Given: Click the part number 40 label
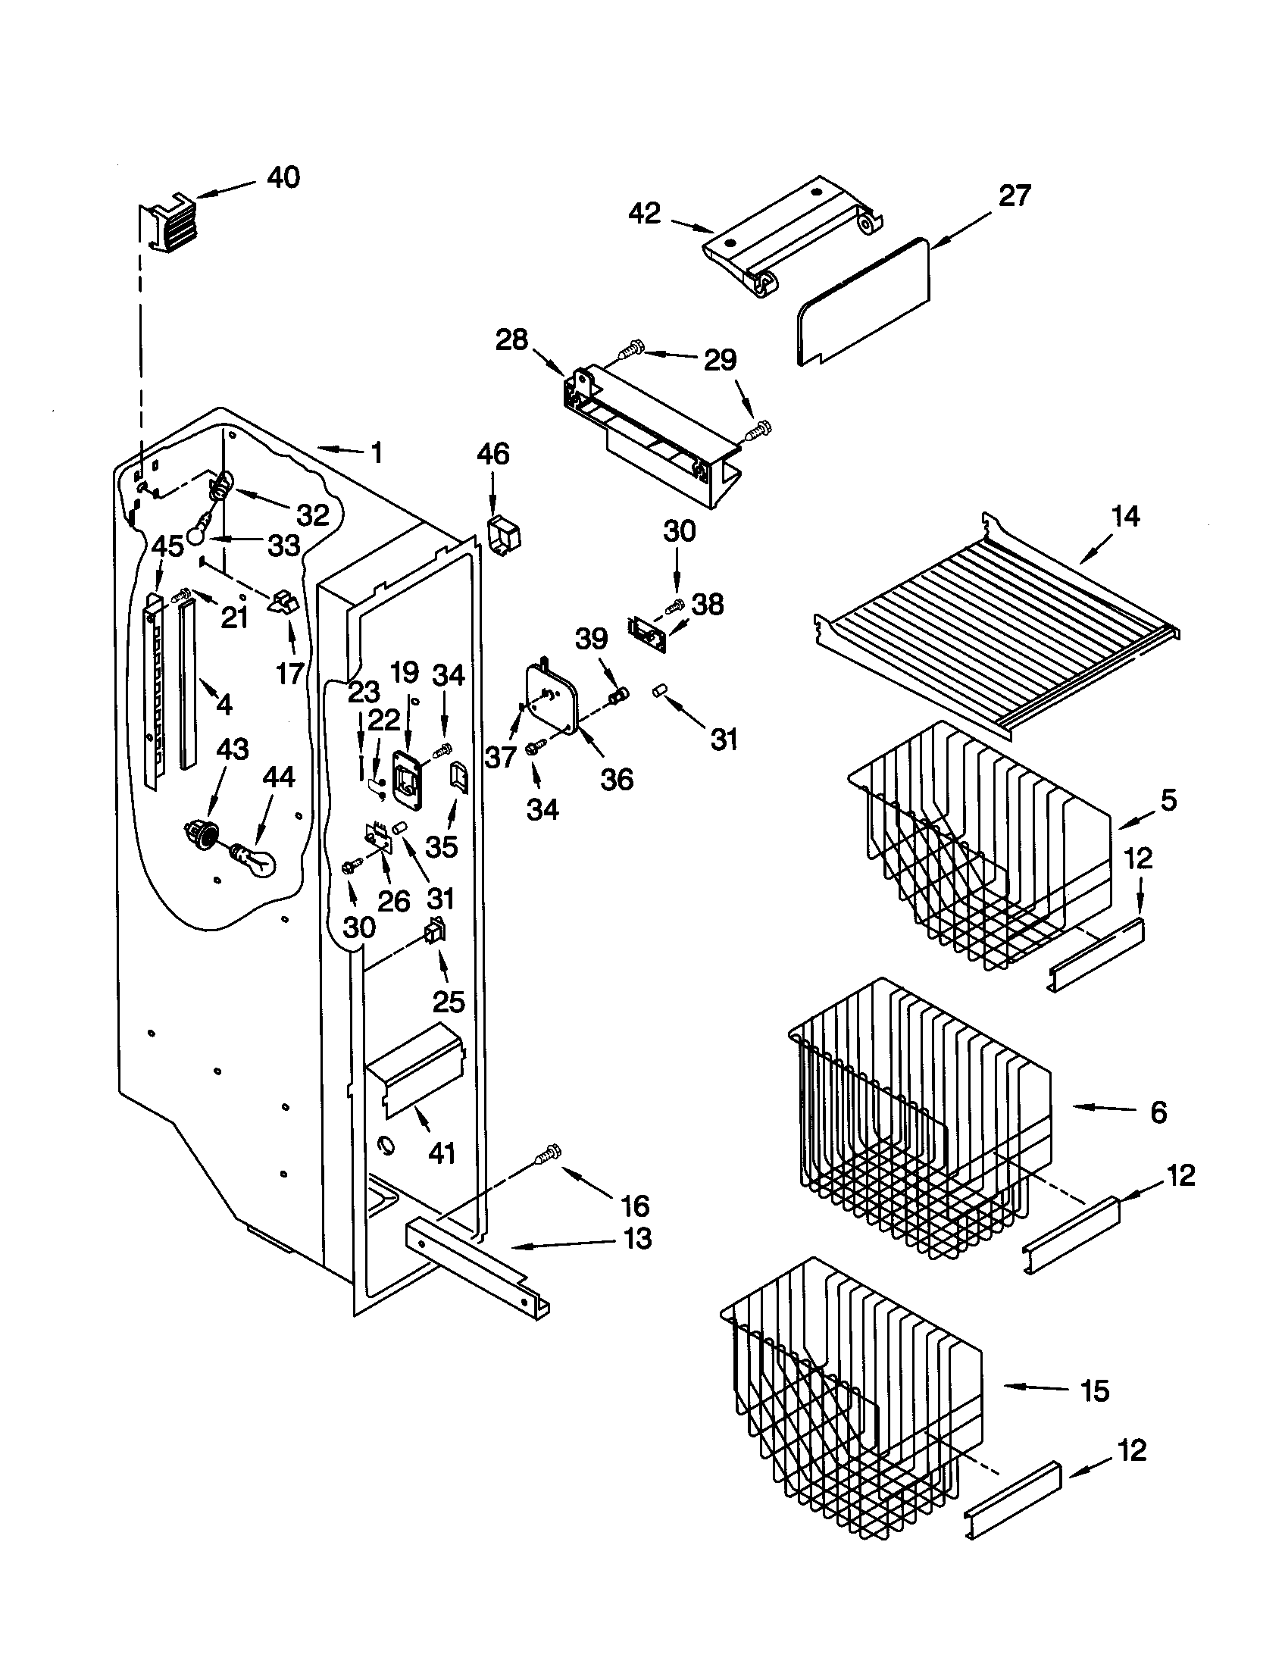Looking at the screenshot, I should tap(283, 178).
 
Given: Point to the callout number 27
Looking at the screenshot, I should tap(1015, 196).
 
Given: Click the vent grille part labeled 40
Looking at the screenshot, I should tap(167, 226).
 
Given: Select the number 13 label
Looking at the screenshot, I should tap(638, 1238).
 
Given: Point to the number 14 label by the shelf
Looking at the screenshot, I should tap(1126, 517).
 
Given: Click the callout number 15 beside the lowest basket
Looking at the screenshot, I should tap(1094, 1390).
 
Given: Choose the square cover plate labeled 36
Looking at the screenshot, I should tap(552, 697).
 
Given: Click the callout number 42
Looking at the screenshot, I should tap(645, 214).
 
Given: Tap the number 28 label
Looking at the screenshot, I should tap(511, 340).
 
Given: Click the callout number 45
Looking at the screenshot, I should tap(168, 546).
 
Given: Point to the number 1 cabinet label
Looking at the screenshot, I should tap(377, 453).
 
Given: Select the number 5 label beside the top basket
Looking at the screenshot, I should tap(1168, 801).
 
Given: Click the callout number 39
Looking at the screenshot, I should tap(592, 639).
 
